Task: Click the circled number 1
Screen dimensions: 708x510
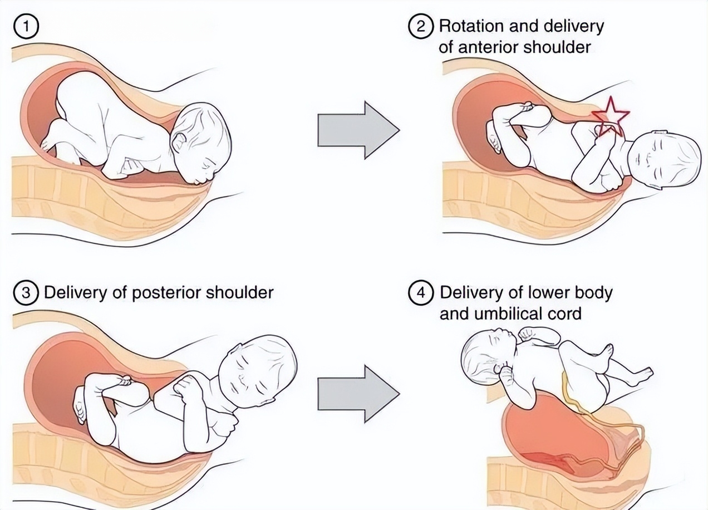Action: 26,26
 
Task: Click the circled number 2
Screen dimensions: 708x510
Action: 421,26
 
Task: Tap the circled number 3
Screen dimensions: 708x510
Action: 26,293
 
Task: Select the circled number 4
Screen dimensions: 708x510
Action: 421,293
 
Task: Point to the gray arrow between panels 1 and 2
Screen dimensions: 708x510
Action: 359,130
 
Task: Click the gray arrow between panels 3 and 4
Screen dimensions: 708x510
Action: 359,394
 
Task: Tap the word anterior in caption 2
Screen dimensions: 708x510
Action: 488,48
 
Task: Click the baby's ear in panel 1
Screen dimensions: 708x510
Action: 179,141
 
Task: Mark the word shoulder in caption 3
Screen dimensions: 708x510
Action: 239,293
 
